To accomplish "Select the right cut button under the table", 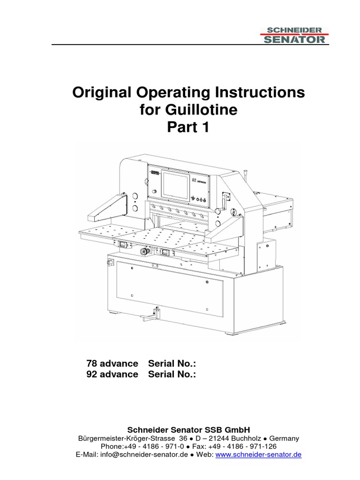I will pos(165,252).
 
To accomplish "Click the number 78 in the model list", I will pos(92,364).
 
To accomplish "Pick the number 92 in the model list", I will pos(92,374).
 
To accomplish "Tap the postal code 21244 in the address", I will pos(219,438).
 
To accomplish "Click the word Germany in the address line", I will pos(283,438).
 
